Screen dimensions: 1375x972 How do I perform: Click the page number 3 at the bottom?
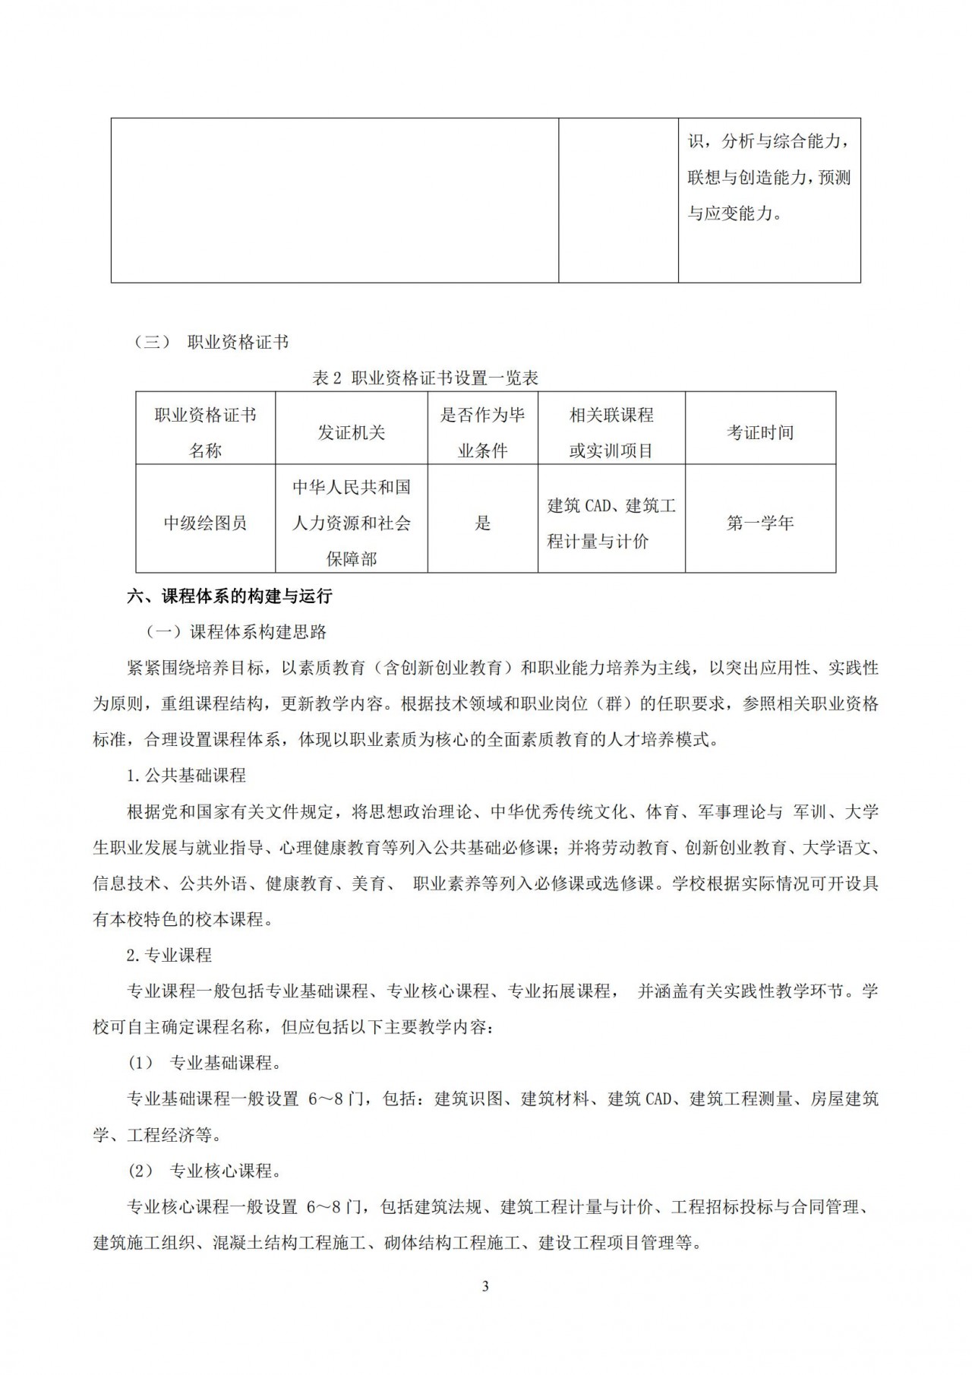(485, 1286)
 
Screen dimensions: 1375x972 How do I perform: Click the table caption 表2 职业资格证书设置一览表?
(425, 378)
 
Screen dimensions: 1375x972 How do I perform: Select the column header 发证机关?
(351, 432)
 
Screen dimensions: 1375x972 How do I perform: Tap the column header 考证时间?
(760, 432)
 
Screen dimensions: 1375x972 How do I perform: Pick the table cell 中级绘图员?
(205, 523)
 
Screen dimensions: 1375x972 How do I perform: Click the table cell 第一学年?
(760, 523)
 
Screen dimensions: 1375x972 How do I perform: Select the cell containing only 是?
(483, 523)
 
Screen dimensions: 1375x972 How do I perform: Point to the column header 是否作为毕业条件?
(483, 432)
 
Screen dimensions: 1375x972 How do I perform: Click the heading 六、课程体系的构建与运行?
(229, 596)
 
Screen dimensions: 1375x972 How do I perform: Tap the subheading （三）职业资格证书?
(212, 343)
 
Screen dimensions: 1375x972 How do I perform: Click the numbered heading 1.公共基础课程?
(186, 776)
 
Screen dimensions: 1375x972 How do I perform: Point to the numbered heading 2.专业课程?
(169, 955)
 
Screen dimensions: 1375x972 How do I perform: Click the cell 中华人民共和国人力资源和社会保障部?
(351, 523)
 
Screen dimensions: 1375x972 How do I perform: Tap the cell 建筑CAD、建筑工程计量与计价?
(611, 523)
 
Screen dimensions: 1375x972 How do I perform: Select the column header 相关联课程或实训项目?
(611, 432)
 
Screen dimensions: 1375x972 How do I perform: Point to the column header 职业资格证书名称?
(205, 432)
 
